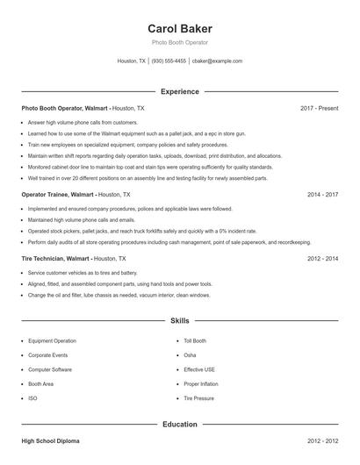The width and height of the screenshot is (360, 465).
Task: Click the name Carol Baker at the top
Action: pos(180,28)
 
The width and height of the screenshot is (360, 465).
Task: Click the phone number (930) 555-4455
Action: pos(169,61)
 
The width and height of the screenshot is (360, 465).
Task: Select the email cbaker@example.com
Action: pos(217,61)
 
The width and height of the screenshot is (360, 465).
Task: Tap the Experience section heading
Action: pos(180,91)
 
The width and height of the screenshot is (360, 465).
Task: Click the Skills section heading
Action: pos(180,321)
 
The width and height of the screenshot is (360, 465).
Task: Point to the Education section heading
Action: pos(180,425)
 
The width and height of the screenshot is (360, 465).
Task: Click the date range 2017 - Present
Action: pos(319,108)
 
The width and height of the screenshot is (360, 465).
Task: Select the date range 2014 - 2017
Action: pos(322,194)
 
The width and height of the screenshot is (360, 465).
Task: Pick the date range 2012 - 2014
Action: pos(322,259)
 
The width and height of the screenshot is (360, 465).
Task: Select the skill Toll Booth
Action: pos(195,340)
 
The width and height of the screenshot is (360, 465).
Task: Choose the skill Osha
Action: pos(190,355)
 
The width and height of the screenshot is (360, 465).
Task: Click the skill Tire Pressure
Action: pos(198,398)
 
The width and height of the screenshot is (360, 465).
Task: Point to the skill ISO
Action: pos(32,398)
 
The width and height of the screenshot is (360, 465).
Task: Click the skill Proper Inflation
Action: pos(200,384)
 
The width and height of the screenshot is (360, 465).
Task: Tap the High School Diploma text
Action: pos(54,441)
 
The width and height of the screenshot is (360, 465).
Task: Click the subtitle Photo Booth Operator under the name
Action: pos(180,43)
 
